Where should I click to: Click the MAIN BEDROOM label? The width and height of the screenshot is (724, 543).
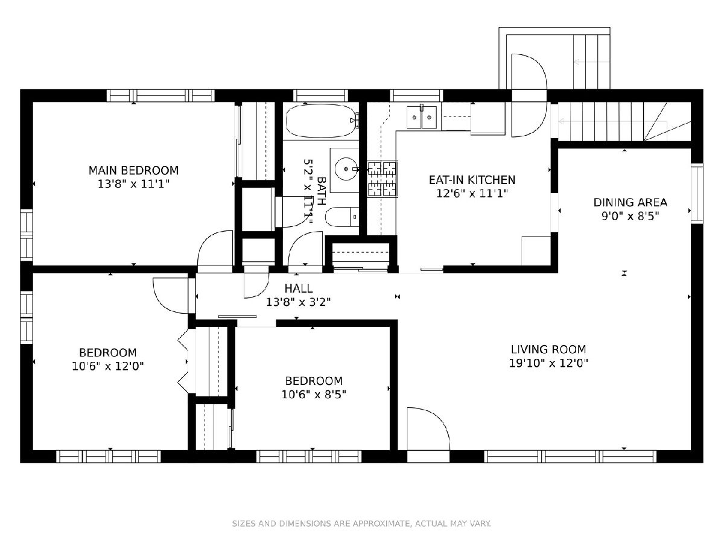(133, 171)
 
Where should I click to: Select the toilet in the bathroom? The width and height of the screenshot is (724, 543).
(342, 217)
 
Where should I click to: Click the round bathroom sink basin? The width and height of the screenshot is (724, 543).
(346, 169)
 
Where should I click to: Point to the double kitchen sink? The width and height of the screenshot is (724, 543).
(422, 118)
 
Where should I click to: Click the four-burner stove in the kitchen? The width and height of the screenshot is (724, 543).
(383, 179)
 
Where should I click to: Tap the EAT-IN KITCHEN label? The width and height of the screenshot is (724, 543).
(472, 180)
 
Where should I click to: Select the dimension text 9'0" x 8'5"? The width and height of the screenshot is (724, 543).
(630, 216)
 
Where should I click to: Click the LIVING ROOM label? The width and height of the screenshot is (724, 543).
(548, 349)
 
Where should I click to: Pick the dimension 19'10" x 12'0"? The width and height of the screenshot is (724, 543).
(548, 363)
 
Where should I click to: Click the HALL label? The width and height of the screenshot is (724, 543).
(299, 288)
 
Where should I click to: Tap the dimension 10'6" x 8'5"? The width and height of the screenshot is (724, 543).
(314, 395)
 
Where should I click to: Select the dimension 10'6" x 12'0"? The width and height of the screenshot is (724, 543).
(108, 366)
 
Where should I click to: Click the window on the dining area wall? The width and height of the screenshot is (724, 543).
(697, 193)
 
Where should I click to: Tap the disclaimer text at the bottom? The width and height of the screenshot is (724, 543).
(361, 523)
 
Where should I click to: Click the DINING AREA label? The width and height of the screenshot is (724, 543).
(630, 203)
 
